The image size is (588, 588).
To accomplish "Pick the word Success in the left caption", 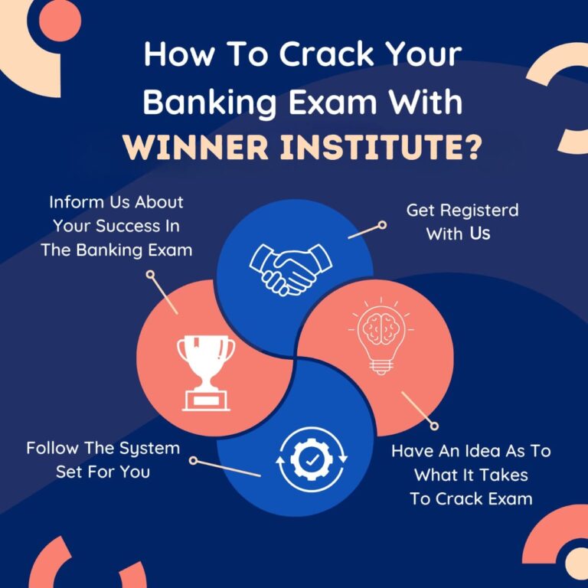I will pyautogui.click(x=133, y=228).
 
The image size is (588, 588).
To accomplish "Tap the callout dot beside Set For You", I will pyautogui.click(x=194, y=461).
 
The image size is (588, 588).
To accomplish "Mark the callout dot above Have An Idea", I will pyautogui.click(x=435, y=426).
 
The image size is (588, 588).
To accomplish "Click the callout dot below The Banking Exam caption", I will pyautogui.click(x=152, y=281).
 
